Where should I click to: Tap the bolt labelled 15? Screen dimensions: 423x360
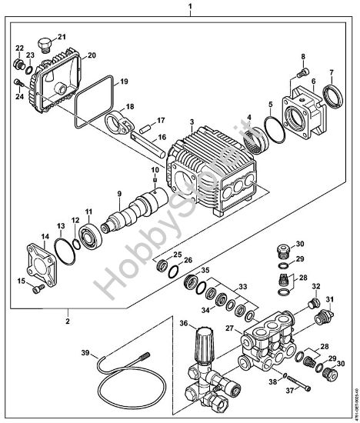click(36, 289)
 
